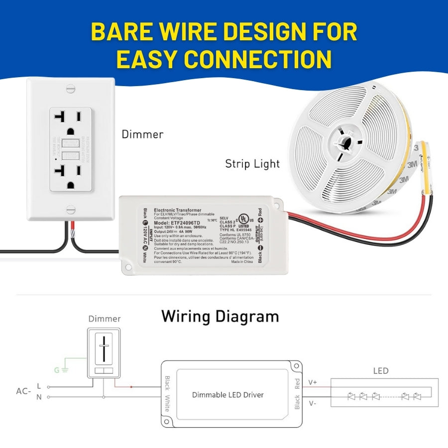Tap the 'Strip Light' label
pyautogui.click(x=252, y=163)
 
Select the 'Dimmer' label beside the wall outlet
pyautogui.click(x=142, y=134)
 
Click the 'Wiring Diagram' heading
pyautogui.click(x=220, y=316)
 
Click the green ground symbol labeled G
pyautogui.click(x=64, y=370)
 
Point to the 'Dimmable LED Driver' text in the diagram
pyautogui.click(x=228, y=395)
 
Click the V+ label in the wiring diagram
pyautogui.click(x=312, y=383)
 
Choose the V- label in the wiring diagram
pyautogui.click(x=312, y=403)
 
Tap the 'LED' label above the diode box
pyautogui.click(x=381, y=371)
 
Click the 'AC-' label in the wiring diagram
pyautogui.click(x=23, y=391)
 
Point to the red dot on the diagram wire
pyautogui.click(x=131, y=386)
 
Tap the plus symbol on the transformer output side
pyautogui.click(x=260, y=220)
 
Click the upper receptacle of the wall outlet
pyautogui.click(x=70, y=124)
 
